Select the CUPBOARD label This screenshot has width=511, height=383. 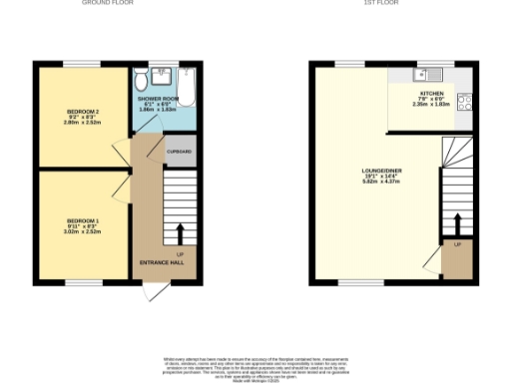(180, 152)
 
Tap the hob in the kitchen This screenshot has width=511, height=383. (465, 99)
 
